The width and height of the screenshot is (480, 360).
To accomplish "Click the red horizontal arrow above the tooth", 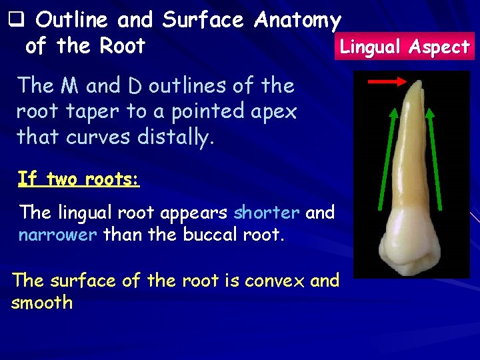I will point(387,81).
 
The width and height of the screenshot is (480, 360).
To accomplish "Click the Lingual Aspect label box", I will point(405,47).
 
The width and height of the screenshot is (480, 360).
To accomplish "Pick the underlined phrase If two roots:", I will point(78,179).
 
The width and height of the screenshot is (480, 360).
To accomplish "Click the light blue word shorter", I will point(267,213).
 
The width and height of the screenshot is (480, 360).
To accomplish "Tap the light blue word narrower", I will point(57,235).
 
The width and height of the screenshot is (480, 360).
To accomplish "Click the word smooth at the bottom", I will point(42,303).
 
